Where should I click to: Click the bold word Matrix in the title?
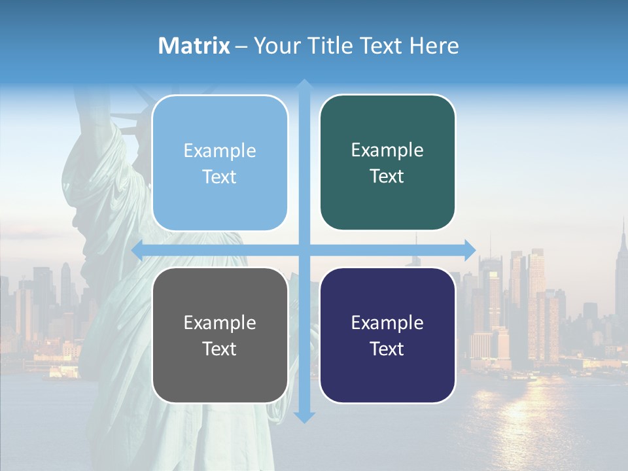tap(194, 46)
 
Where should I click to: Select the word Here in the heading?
tap(434, 46)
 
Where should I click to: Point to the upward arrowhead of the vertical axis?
tap(305, 85)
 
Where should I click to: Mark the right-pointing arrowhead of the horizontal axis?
tap(470, 250)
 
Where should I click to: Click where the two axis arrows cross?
tap(305, 250)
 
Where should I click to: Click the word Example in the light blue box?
tap(220, 150)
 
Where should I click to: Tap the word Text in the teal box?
tap(387, 176)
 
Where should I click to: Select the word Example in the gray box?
tap(220, 323)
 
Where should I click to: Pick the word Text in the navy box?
tap(387, 349)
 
